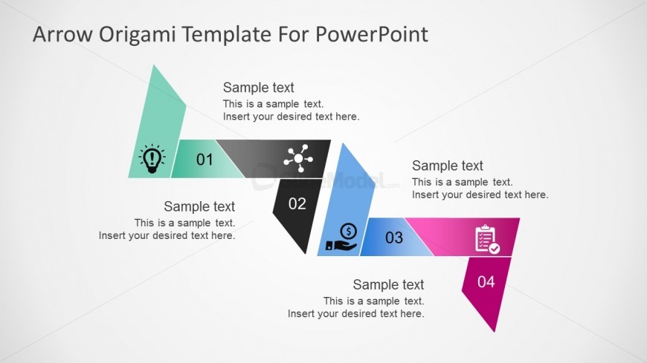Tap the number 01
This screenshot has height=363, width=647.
pyautogui.click(x=205, y=159)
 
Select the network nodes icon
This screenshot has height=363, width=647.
pyautogui.click(x=298, y=158)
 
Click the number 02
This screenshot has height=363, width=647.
pyautogui.click(x=297, y=203)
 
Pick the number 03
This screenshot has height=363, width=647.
pyautogui.click(x=393, y=238)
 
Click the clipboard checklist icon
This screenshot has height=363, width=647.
pyautogui.click(x=487, y=238)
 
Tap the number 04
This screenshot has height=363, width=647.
pyautogui.click(x=486, y=281)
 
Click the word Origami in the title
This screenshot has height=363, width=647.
pyautogui.click(x=129, y=34)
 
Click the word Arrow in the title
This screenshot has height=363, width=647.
pyautogui.click(x=57, y=34)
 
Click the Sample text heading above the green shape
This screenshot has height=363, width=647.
pyautogui.click(x=259, y=88)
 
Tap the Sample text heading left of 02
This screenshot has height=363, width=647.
pyautogui.click(x=199, y=206)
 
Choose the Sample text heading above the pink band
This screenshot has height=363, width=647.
pyautogui.click(x=448, y=166)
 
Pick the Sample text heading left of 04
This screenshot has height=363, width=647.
pyautogui.click(x=388, y=284)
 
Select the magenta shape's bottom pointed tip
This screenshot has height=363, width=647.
pyautogui.click(x=494, y=330)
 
